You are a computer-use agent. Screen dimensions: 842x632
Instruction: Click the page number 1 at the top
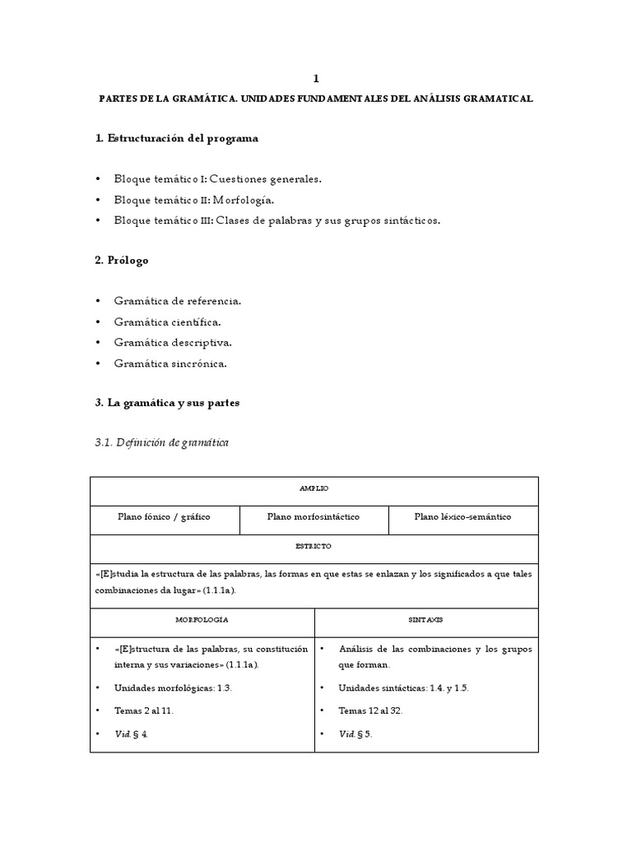click(315, 78)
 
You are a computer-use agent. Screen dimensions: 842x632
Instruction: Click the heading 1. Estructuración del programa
click(176, 138)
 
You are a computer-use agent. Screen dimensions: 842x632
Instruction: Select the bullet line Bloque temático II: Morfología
click(194, 200)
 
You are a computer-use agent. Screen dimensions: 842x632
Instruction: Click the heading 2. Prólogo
click(123, 260)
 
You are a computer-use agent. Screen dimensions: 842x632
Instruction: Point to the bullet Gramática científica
click(167, 322)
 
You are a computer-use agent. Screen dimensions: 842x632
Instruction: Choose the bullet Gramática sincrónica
click(170, 363)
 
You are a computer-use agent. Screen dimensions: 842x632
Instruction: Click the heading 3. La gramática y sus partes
click(167, 403)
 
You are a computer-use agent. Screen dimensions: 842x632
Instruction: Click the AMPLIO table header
click(314, 488)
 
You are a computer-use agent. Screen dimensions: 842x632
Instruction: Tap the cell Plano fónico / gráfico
click(164, 517)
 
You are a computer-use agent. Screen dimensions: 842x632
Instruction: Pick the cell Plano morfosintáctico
click(314, 517)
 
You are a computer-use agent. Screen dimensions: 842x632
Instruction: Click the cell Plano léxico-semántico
click(462, 517)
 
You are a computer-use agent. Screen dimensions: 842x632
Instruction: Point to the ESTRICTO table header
click(314, 546)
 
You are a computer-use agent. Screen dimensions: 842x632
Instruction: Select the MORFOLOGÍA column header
click(202, 619)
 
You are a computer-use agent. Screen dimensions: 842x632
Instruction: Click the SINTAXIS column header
click(426, 619)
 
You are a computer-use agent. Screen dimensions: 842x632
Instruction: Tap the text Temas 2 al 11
click(144, 710)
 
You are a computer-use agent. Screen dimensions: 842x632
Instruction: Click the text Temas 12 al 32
click(371, 710)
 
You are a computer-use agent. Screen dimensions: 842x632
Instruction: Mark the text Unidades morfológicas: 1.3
click(174, 687)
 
